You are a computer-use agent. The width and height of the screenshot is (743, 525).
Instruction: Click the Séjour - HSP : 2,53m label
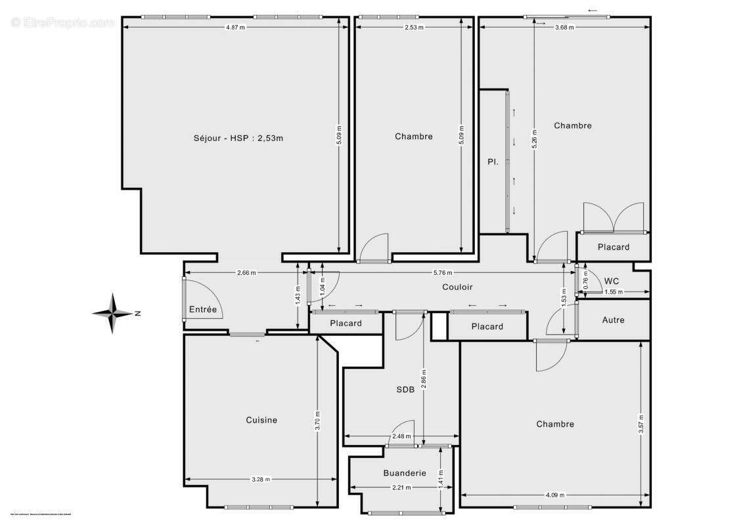click(x=238, y=138)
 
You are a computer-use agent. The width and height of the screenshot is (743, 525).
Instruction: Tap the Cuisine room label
click(x=261, y=420)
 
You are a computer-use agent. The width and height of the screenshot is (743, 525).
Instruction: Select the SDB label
click(x=405, y=389)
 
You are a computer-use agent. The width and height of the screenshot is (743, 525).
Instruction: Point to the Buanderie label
click(x=405, y=472)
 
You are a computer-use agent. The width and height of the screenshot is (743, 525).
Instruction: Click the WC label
click(x=611, y=281)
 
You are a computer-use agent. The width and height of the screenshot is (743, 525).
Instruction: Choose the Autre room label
click(x=613, y=320)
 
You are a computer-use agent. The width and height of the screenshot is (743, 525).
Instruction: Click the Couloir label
click(x=457, y=287)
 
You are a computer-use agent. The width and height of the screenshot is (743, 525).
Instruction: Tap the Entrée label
click(x=203, y=309)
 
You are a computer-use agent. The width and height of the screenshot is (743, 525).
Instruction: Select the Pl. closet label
click(x=492, y=161)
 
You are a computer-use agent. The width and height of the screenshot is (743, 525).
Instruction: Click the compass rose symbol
click(x=113, y=314)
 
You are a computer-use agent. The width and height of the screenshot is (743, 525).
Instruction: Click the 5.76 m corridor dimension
click(x=443, y=272)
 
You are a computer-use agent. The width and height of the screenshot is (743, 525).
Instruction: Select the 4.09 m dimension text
click(x=555, y=495)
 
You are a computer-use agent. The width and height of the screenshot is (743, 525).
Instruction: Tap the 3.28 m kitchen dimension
click(x=261, y=479)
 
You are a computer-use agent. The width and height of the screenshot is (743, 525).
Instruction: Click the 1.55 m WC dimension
click(x=614, y=291)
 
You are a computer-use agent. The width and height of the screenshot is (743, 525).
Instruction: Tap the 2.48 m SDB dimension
click(x=401, y=436)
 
